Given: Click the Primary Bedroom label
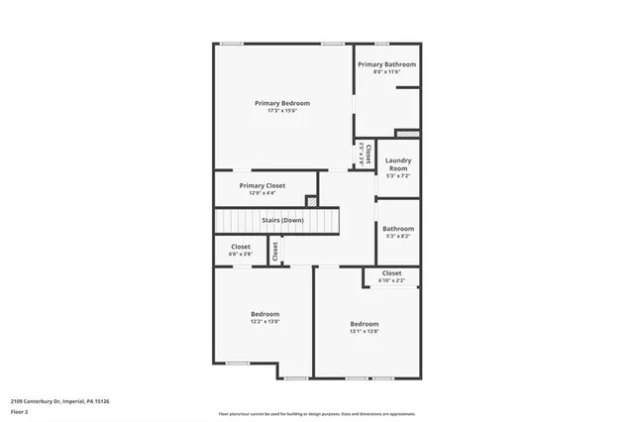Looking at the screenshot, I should point(282,103).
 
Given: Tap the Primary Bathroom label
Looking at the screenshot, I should point(386,64).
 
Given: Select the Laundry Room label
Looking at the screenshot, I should point(398,164).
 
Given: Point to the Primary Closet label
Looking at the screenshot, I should point(263,185).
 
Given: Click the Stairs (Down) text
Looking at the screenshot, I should point(282,220).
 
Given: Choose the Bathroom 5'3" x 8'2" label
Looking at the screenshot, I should point(398,229).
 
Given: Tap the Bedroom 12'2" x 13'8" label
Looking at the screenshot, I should point(264,314).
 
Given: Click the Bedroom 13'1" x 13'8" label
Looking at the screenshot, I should point(364,324).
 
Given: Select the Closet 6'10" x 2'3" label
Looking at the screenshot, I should point(391,273).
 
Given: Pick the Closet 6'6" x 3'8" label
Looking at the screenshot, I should point(241,247).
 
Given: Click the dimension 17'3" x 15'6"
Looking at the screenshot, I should point(282,111).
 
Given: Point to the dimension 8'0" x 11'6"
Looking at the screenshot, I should point(386,72).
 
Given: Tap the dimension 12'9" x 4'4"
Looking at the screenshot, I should point(263,193).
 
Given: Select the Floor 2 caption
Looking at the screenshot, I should point(19,410).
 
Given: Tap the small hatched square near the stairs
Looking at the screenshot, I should point(311,201).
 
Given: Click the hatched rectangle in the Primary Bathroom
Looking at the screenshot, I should point(407,133).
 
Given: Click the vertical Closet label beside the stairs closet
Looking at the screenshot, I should point(275,252).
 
